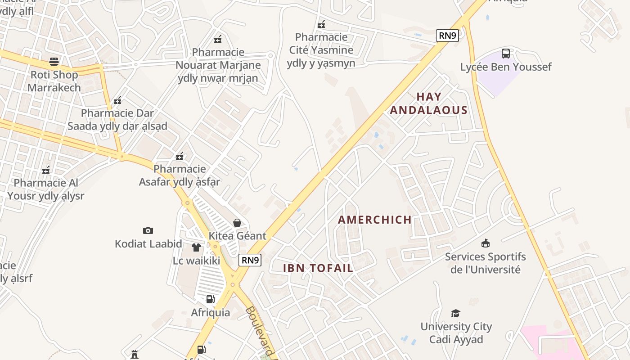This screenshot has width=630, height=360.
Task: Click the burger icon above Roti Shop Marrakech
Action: [x=54, y=61]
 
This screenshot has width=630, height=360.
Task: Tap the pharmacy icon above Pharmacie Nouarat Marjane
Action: [x=218, y=39]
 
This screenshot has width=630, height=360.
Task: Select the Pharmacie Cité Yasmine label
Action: [x=321, y=50]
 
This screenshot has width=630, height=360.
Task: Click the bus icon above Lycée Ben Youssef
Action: [x=506, y=54]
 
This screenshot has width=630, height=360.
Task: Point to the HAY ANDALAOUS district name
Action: [x=428, y=103]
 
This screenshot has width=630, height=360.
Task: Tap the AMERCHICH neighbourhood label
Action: [x=374, y=220]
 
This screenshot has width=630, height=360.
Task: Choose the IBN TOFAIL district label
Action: [x=318, y=268]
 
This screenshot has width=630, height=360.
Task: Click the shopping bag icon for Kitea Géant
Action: [x=237, y=223]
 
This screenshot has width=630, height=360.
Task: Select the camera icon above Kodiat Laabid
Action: [x=148, y=231]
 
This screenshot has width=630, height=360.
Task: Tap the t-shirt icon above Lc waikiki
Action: [x=196, y=247]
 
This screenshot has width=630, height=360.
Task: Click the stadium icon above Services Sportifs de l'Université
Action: [x=485, y=243]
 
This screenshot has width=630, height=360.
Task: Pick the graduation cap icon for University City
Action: [x=456, y=313]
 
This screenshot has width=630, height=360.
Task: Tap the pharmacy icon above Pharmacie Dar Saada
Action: [x=117, y=100]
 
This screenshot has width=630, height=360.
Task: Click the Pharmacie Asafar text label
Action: [x=180, y=175]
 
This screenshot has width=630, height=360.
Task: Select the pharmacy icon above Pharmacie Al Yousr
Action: [x=45, y=170]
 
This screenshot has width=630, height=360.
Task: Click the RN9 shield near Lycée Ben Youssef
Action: [x=447, y=36]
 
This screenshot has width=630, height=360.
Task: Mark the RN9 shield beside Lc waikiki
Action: [x=250, y=260]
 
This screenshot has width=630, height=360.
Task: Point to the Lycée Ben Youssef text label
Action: [x=505, y=67]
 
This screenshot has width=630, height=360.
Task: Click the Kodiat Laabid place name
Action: [x=148, y=244]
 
